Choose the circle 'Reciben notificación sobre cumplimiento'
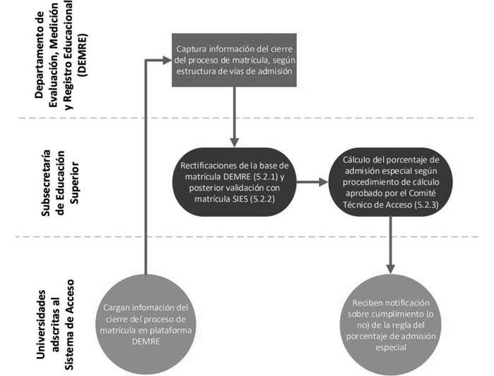click(x=390, y=323)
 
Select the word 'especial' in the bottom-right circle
click(x=390, y=347)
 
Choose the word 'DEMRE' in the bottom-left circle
click(x=145, y=341)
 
